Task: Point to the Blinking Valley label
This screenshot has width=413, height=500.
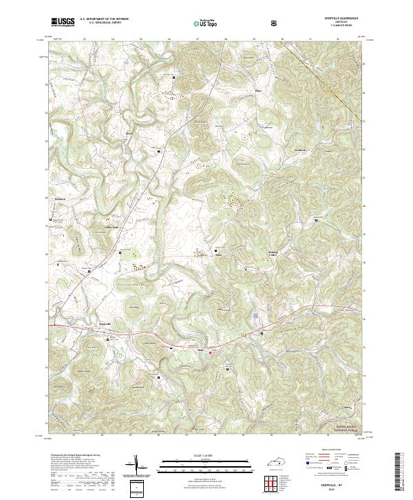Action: click(277, 255)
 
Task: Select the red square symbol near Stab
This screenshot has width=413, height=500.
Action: click(211, 353)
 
